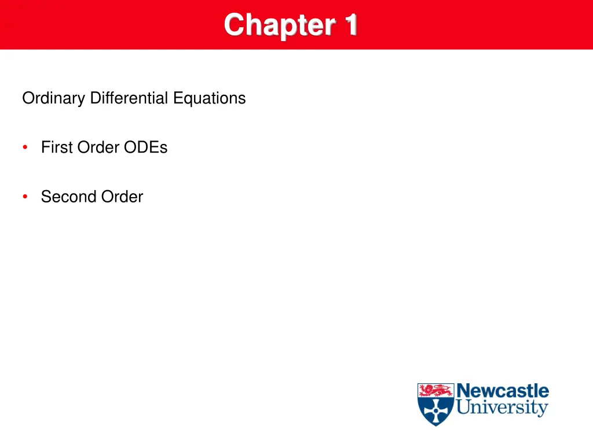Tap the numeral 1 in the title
[350, 25]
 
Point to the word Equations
[210, 98]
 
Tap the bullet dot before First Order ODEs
[25, 147]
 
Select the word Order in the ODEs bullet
[98, 147]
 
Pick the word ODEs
[145, 147]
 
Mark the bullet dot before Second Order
[25, 197]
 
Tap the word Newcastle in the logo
[503, 391]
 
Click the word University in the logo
[502, 408]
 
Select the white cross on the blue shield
[436, 412]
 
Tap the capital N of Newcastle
[463, 391]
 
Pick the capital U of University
[463, 408]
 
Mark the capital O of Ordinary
[28, 98]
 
